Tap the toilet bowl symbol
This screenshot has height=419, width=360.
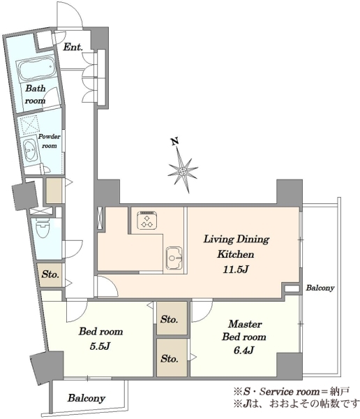coord(43,228)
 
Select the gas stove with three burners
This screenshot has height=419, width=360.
coord(147,220)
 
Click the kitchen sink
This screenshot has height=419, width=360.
coord(174,258)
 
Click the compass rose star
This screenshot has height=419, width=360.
coord(183,170)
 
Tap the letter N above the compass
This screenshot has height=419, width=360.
coord(175,141)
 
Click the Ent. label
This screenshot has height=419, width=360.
coord(73,47)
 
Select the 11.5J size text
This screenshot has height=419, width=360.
coord(236,270)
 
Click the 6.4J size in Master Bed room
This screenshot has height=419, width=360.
coord(243,350)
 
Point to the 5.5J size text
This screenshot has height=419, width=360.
coord(100,346)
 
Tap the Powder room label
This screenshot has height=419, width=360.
coord(50,141)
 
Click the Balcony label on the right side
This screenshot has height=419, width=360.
coord(320,288)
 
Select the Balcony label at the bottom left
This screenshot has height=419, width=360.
coord(87,398)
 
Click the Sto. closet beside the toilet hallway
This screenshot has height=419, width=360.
coord(50,275)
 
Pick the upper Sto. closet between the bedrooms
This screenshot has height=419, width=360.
coord(172,318)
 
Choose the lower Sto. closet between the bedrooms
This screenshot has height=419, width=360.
coord(172,358)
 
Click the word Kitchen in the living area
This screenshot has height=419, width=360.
coord(236,254)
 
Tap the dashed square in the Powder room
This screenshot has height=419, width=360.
coord(29,124)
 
